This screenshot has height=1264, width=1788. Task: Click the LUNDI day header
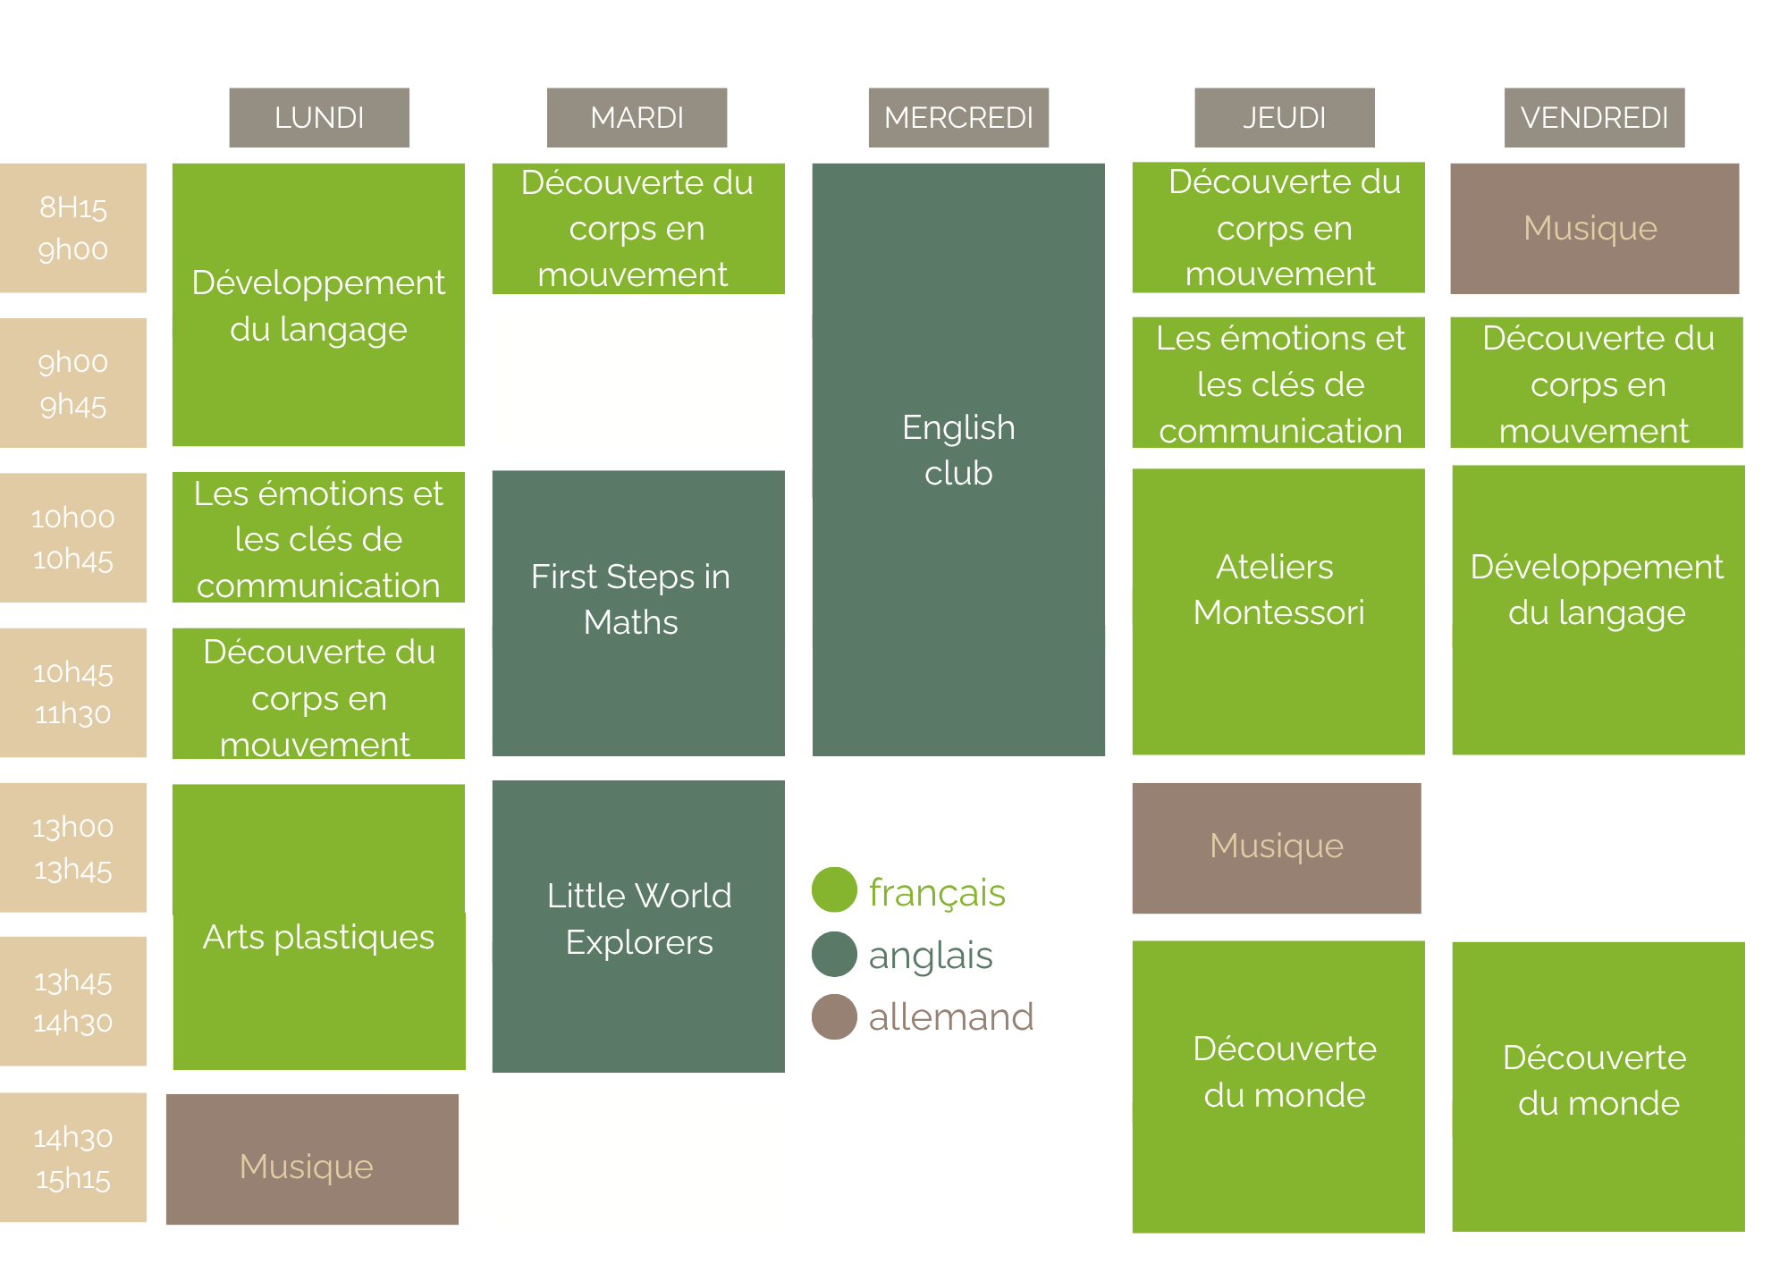tap(319, 117)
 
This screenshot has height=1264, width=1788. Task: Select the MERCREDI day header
tap(958, 117)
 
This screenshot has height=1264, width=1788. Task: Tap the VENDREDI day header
tap(1594, 117)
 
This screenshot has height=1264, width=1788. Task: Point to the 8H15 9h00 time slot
tap(73, 228)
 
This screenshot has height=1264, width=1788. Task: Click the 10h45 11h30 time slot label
tap(73, 693)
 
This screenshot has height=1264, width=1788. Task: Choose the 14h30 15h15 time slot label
tap(73, 1158)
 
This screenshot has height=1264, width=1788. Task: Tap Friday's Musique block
tap(1594, 228)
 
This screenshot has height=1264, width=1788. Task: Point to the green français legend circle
tap(834, 890)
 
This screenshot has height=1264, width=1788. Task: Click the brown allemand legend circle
tap(834, 1017)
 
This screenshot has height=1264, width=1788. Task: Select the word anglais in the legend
tap(931, 955)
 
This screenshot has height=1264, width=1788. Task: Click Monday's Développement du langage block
tap(318, 305)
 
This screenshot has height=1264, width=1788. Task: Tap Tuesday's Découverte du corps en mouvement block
tap(638, 228)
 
